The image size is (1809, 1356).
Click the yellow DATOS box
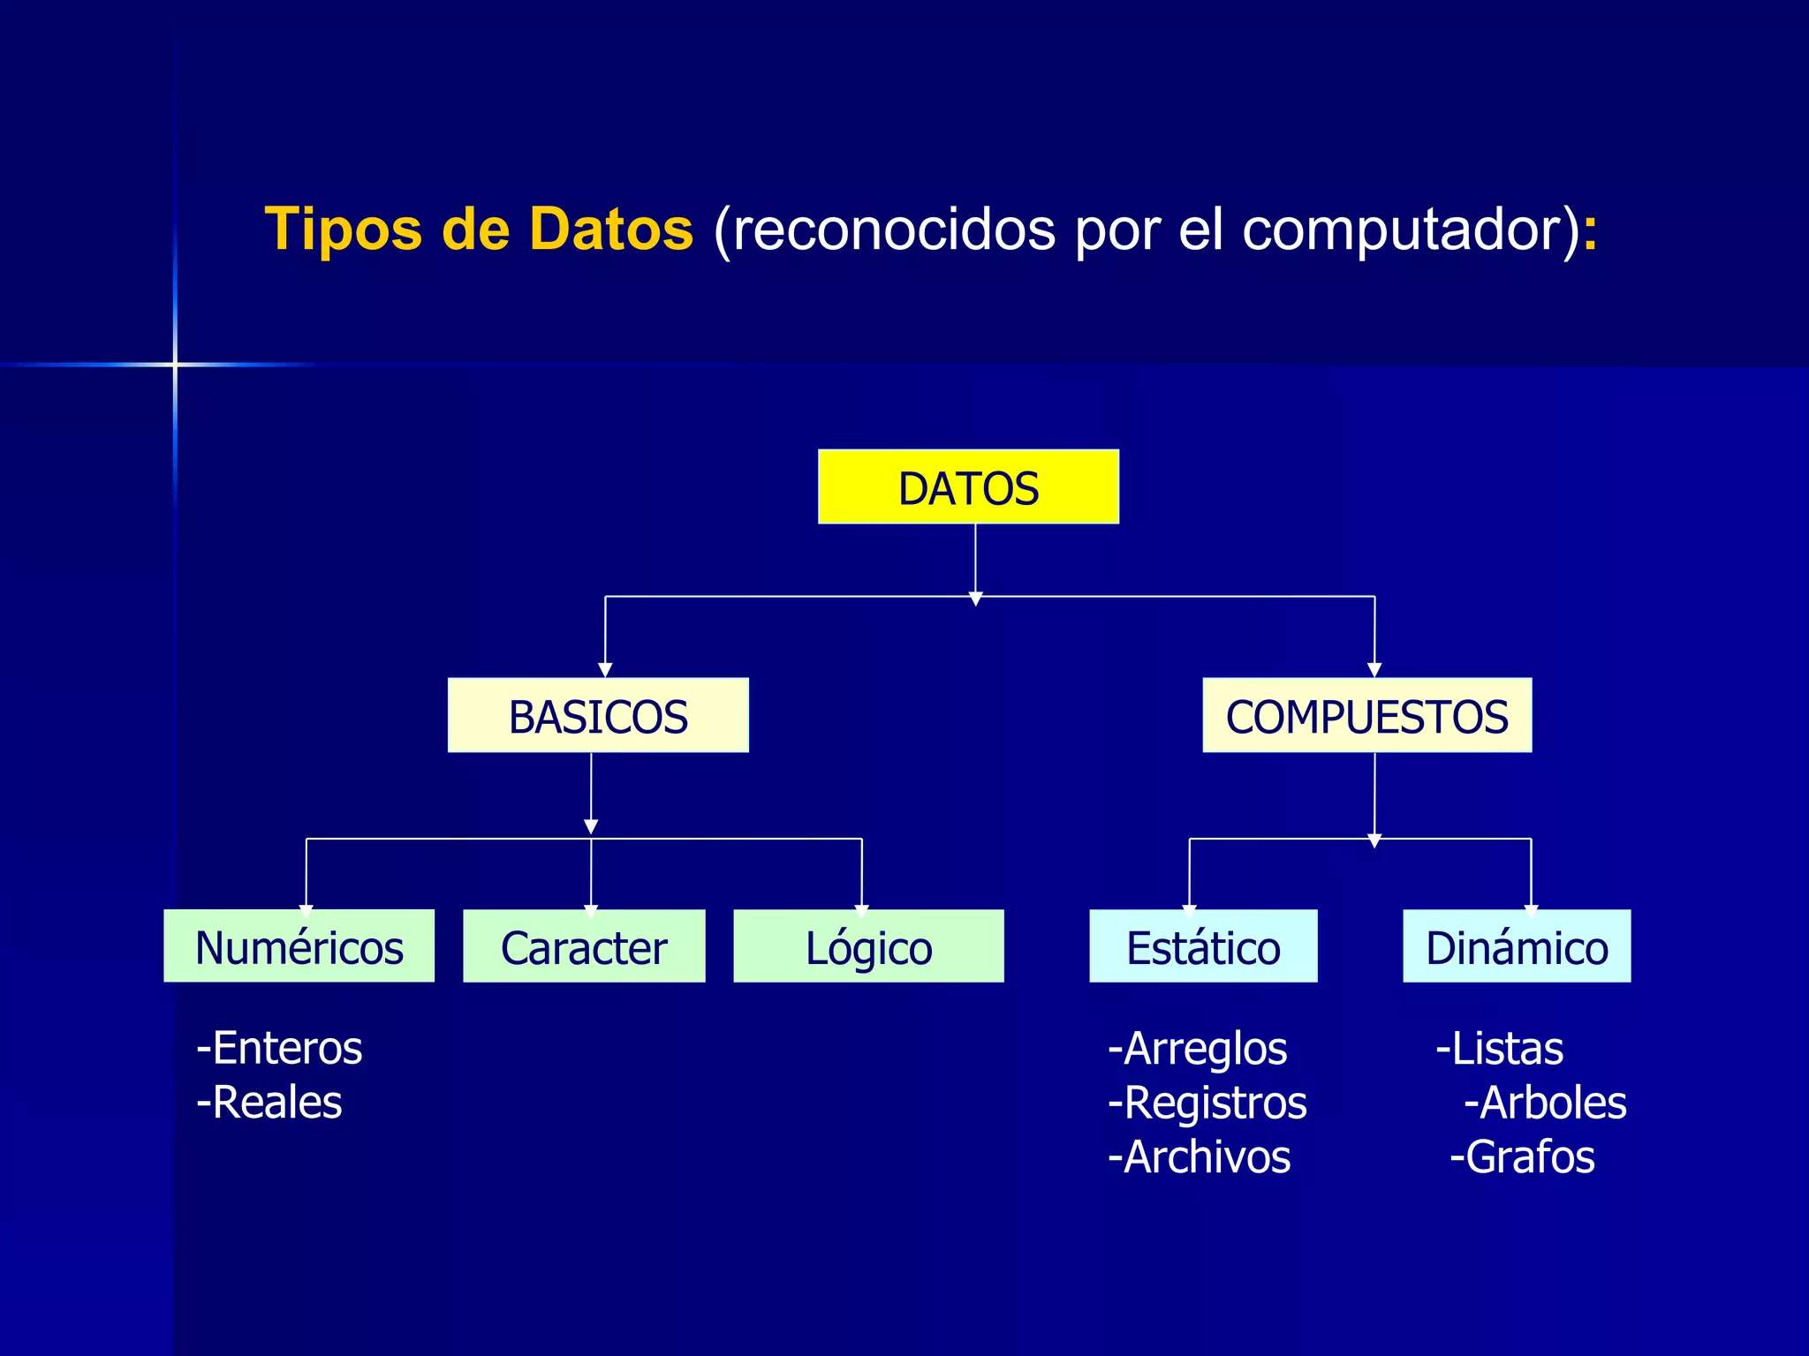(968, 487)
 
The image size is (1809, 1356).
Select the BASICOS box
(598, 716)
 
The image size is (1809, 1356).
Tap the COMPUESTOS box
(1366, 716)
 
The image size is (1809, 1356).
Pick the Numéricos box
(299, 946)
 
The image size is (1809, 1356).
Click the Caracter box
(584, 946)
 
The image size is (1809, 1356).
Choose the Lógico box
(868, 946)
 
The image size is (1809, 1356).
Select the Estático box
(1203, 946)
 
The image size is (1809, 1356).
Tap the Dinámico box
(1517, 946)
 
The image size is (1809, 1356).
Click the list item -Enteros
(279, 1049)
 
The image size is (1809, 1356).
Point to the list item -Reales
(269, 1103)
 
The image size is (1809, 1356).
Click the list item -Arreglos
(1198, 1049)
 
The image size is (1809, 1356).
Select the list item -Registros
(1207, 1103)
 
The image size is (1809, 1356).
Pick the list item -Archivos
(1200, 1157)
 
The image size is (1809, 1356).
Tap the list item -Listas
(1500, 1049)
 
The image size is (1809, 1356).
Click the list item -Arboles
(1546, 1103)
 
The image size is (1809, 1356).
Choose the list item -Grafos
(1523, 1157)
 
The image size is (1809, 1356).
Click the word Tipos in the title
(344, 230)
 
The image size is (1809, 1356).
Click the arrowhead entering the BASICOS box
(605, 670)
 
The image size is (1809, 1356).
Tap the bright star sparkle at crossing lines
(175, 364)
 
